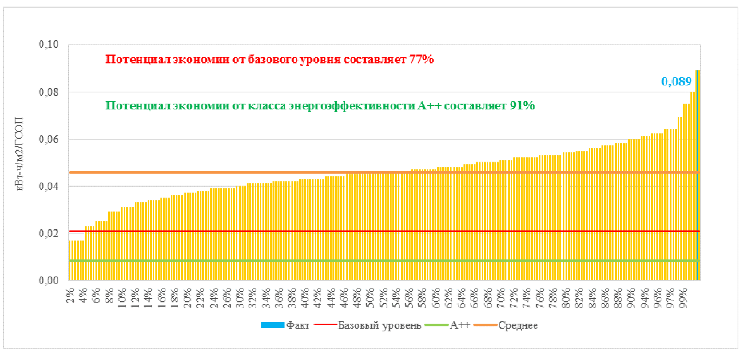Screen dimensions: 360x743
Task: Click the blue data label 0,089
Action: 676,82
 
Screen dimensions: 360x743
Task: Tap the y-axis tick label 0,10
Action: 48,44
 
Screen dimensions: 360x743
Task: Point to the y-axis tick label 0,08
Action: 48,92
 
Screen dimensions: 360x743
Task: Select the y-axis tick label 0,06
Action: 48,139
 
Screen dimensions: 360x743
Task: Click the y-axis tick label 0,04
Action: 48,186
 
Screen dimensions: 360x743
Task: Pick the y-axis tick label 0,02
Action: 48,234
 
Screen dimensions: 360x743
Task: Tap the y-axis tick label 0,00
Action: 48,280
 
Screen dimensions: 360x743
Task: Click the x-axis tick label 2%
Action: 70,296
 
